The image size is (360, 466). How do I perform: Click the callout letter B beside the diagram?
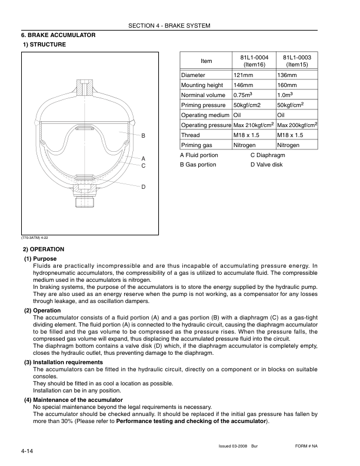(143, 135)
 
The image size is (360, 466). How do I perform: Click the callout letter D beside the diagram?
(143, 187)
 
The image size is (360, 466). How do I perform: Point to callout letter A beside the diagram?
(143, 158)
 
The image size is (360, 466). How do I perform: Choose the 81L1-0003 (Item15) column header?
(297, 61)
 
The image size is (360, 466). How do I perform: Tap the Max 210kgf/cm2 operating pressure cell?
(254, 125)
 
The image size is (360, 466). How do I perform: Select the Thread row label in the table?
(191, 135)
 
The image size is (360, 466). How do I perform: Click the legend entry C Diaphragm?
(268, 155)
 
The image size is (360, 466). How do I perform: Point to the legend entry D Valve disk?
(266, 165)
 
